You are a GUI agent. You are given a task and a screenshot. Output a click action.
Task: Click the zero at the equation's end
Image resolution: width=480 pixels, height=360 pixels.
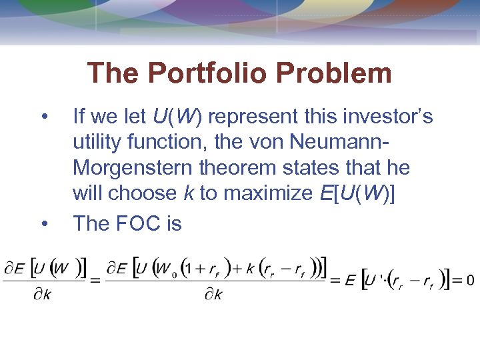click(470, 280)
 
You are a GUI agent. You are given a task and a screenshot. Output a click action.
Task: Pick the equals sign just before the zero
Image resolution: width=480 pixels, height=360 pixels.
click(457, 280)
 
